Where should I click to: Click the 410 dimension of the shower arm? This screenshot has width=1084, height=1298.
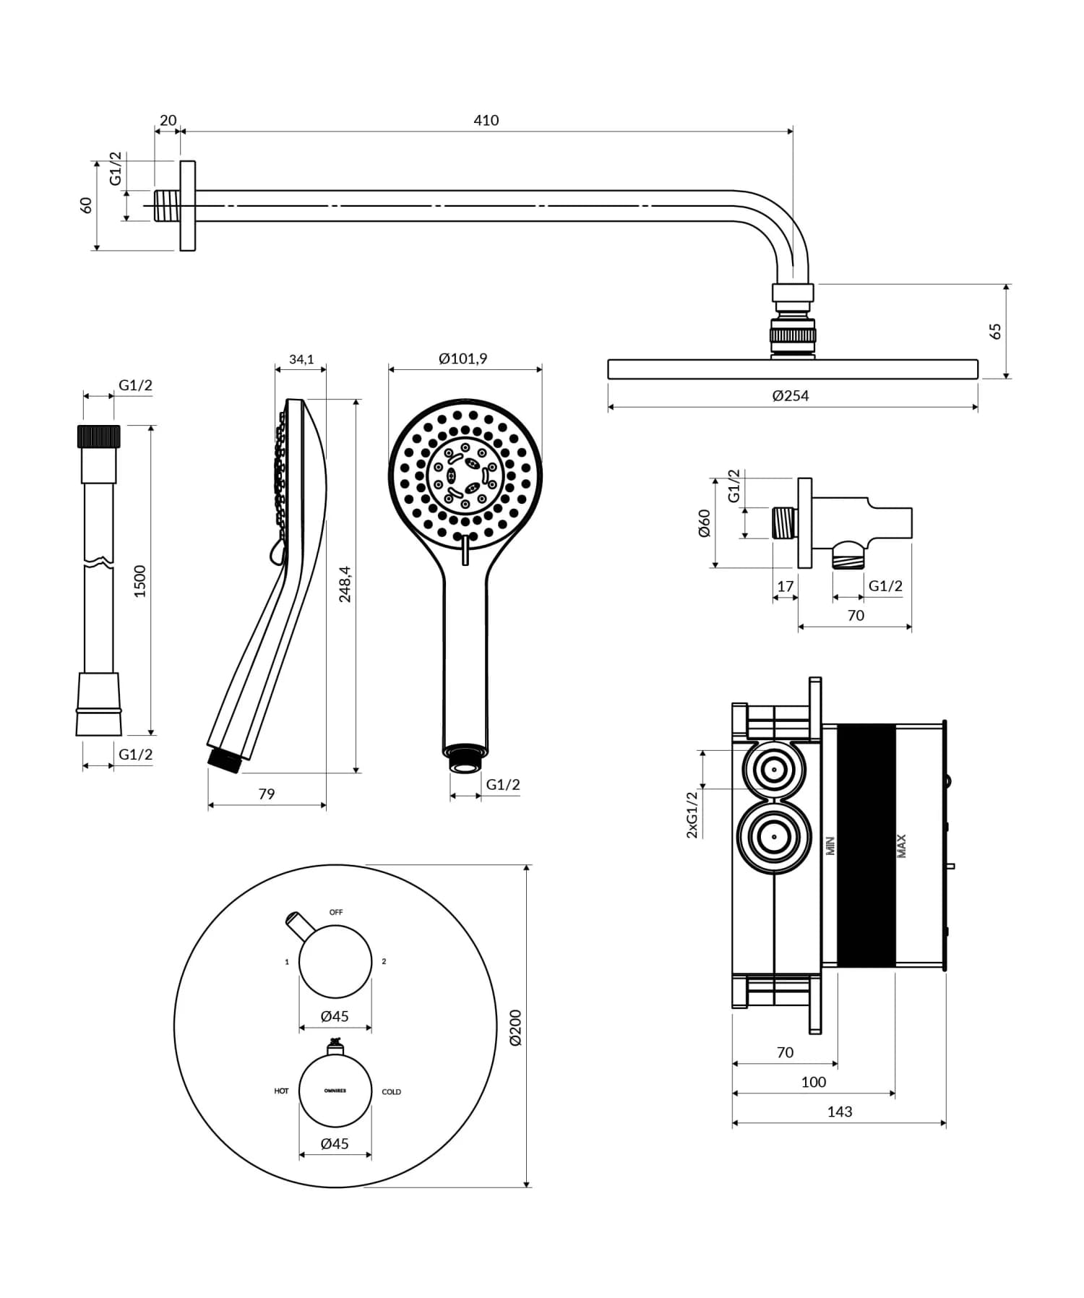[486, 120]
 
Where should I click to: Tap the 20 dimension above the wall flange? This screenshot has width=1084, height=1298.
[168, 120]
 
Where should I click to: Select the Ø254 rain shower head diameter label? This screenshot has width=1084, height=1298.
[790, 395]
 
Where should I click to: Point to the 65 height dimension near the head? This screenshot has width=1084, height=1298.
[995, 331]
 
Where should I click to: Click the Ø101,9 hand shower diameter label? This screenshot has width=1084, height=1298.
[463, 358]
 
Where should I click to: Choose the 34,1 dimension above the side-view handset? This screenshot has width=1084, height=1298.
[301, 359]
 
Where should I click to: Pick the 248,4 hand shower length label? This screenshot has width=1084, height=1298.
[345, 584]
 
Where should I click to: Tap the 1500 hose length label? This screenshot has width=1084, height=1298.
[139, 580]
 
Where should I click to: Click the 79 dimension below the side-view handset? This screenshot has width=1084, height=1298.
[266, 794]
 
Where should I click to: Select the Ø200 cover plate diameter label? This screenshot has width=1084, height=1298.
[515, 1027]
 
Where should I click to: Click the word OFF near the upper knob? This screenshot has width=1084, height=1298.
[336, 912]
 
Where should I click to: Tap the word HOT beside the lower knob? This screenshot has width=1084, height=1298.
[281, 1091]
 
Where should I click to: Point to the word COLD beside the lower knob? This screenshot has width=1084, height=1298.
[391, 1091]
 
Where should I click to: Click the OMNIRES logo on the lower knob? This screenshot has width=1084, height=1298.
[335, 1091]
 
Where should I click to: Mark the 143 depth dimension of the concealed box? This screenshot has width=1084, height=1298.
[839, 1112]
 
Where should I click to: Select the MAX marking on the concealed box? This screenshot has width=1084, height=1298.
[901, 846]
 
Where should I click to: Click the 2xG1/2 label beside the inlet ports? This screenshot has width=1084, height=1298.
[692, 815]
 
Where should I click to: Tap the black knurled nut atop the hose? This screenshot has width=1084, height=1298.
[98, 437]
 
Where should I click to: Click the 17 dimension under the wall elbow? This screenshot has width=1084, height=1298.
[785, 586]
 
